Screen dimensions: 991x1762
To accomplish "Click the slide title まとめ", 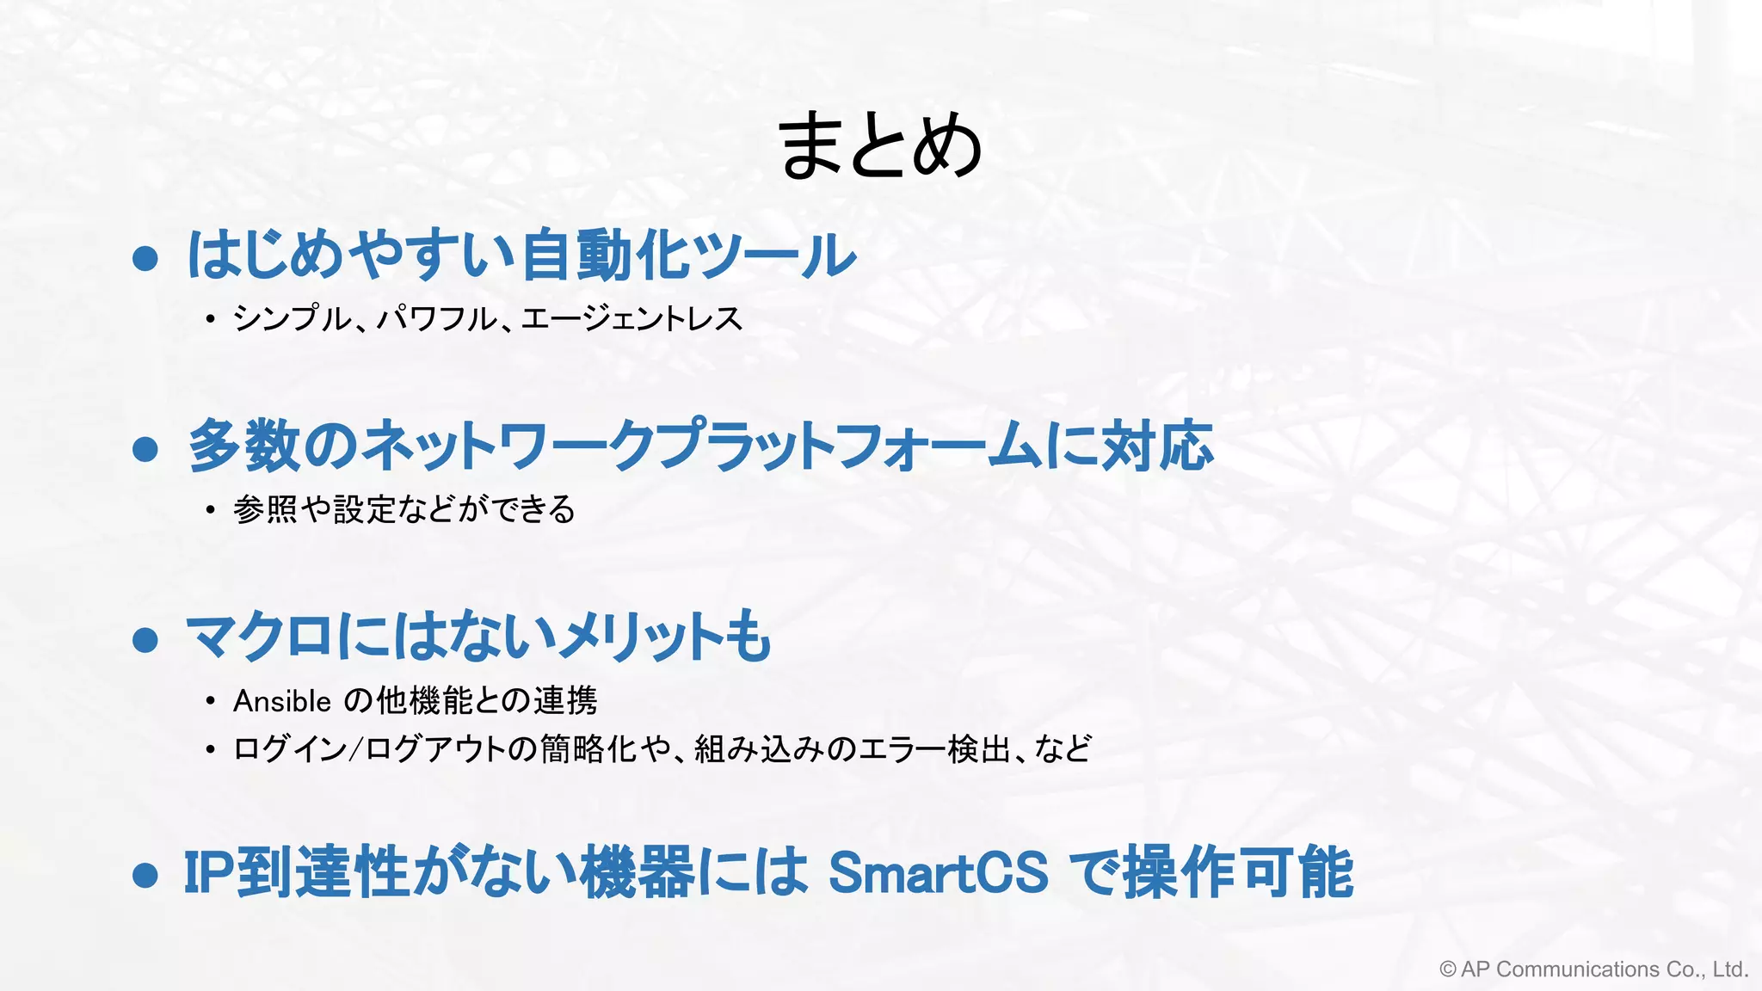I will click(879, 146).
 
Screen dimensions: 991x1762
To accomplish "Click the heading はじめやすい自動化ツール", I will click(521, 255).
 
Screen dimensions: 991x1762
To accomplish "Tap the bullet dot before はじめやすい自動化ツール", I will click(145, 258).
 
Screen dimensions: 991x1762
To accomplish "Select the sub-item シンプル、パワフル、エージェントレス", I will click(487, 319).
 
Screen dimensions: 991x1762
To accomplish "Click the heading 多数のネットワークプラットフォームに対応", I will click(700, 446).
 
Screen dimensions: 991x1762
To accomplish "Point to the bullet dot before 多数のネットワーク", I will click(145, 449).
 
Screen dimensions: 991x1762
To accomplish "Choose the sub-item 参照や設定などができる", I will click(404, 509).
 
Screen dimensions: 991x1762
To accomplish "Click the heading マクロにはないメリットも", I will click(478, 637).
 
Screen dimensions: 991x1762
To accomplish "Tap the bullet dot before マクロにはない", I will click(145, 640).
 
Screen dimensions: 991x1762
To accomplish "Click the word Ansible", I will click(282, 701).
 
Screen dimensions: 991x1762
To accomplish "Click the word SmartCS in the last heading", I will click(938, 872).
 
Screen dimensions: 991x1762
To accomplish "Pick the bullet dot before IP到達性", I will click(145, 875).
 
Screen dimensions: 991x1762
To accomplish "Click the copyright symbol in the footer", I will click(1448, 969).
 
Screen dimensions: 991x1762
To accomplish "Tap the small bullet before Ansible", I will click(210, 702).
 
